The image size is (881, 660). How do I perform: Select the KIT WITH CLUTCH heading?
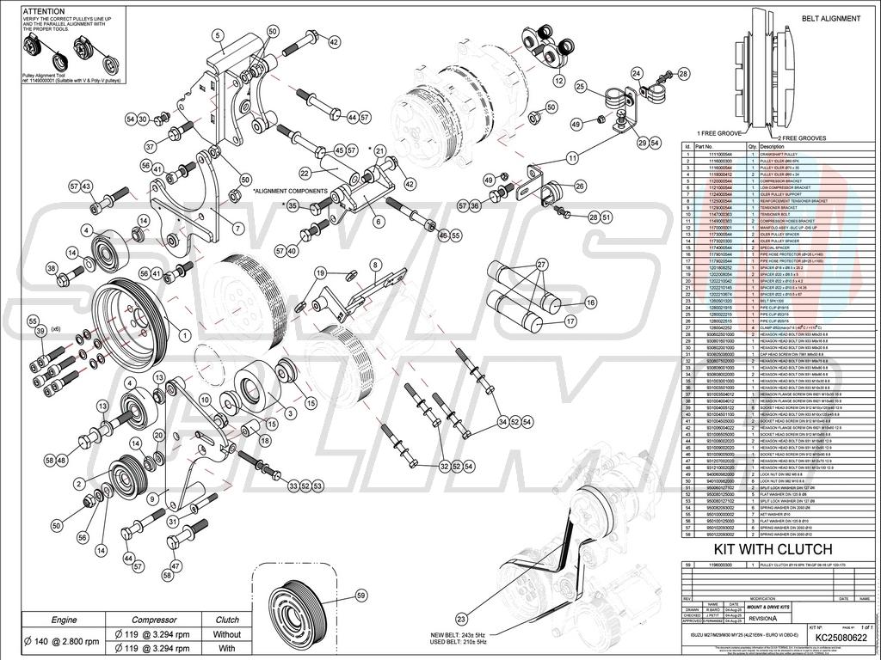[773, 549]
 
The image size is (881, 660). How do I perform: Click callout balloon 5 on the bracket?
[218, 34]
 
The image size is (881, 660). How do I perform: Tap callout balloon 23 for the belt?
[461, 617]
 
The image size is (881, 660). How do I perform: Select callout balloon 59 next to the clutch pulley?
[360, 594]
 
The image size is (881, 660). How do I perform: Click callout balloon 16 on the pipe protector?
[591, 302]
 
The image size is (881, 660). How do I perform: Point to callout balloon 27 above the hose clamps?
[542, 263]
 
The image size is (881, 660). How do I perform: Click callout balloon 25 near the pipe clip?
[581, 87]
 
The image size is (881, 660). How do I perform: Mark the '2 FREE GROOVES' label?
[802, 138]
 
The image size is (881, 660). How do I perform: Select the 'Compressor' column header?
[154, 619]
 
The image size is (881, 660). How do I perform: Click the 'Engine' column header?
[65, 619]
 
